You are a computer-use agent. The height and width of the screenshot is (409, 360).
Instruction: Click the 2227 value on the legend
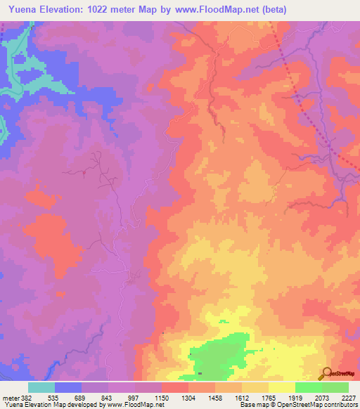(349, 398)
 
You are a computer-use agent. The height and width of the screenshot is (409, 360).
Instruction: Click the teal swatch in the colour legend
(41, 387)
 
